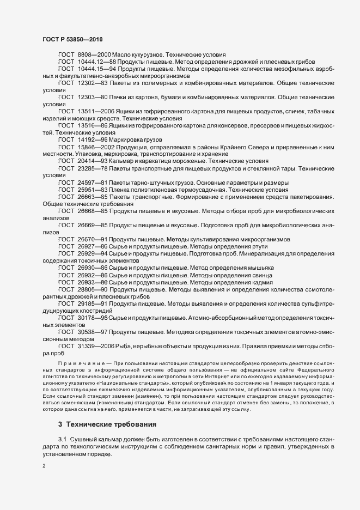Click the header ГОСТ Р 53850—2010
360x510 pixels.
(72, 40)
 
